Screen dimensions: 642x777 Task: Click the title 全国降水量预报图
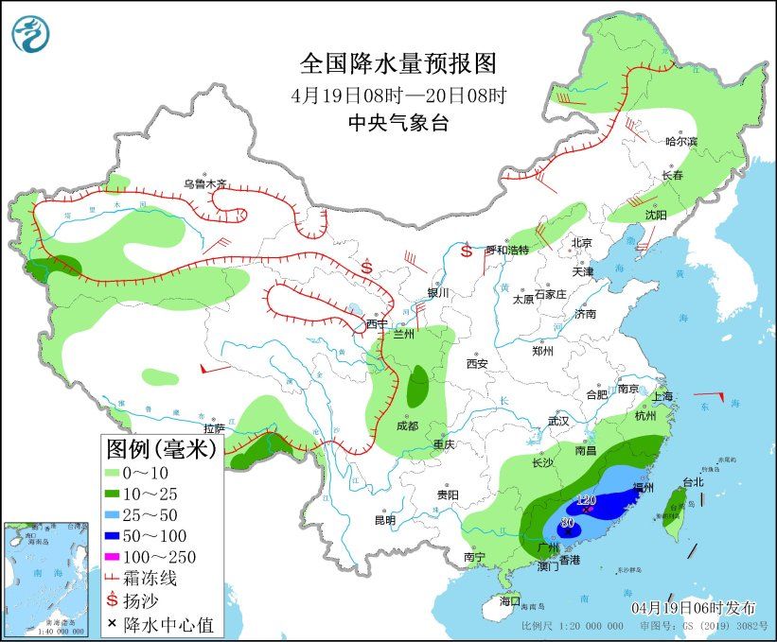(x=397, y=63)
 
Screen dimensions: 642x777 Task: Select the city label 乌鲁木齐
(x=205, y=183)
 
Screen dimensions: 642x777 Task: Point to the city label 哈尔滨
(x=680, y=141)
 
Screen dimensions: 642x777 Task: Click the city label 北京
(x=581, y=242)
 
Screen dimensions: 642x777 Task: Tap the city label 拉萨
(x=215, y=428)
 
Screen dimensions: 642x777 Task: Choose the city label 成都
(x=408, y=425)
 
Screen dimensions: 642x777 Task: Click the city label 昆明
(x=384, y=519)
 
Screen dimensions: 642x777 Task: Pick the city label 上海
(x=663, y=396)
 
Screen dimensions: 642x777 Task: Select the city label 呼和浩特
(x=506, y=250)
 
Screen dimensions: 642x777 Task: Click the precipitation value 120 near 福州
(x=587, y=500)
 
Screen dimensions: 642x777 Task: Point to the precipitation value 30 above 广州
(x=568, y=523)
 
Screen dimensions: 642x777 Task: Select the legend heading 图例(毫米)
(x=160, y=447)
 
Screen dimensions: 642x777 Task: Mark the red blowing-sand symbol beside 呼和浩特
(x=467, y=251)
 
